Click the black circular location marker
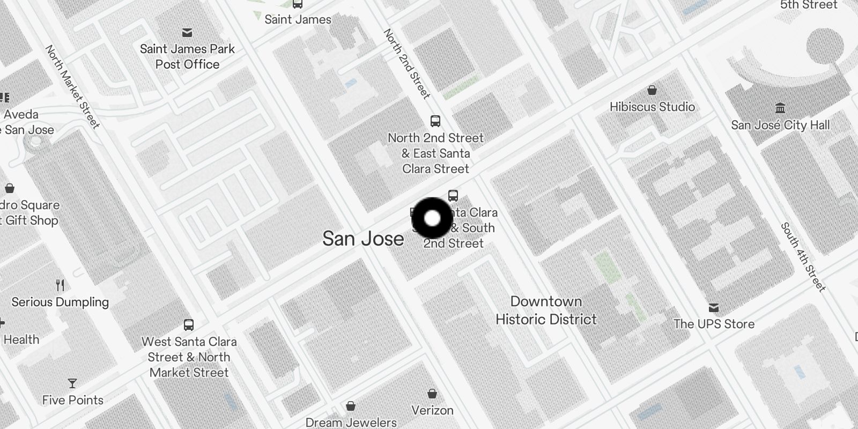(x=432, y=218)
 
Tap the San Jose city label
(x=363, y=239)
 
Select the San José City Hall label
(x=780, y=125)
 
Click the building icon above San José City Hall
(x=780, y=108)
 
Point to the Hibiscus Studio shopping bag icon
(x=652, y=90)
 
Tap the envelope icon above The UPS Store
(x=713, y=307)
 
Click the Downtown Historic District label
(x=546, y=310)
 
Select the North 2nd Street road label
(x=407, y=64)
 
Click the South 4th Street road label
(x=803, y=256)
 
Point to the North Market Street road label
(x=72, y=87)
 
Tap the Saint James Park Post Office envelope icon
(x=187, y=33)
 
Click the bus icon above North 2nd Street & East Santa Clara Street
(x=435, y=121)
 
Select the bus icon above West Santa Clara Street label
(x=189, y=324)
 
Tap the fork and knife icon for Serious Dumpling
(x=60, y=285)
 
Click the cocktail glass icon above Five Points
(x=72, y=383)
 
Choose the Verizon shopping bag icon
(x=432, y=394)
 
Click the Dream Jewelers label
(x=351, y=422)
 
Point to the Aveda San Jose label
(x=24, y=122)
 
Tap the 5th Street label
(x=808, y=5)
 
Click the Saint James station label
(x=298, y=19)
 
